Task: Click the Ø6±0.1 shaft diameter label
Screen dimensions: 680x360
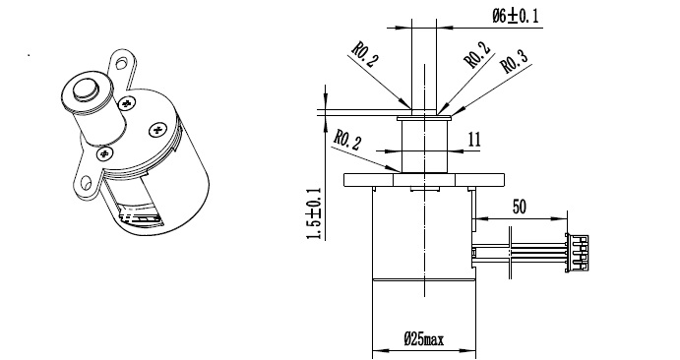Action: coord(515,16)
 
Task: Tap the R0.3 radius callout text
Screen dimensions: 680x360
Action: coord(515,62)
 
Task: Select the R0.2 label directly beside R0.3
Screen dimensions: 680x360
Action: coord(477,55)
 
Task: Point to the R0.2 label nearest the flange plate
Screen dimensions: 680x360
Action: coord(346,140)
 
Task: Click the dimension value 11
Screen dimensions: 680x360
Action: coord(474,140)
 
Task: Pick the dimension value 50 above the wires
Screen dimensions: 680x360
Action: coord(520,207)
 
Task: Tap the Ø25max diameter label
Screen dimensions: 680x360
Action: coord(424,338)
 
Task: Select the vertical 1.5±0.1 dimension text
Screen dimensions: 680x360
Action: coord(314,213)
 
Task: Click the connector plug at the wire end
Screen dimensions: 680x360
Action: coord(577,253)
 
